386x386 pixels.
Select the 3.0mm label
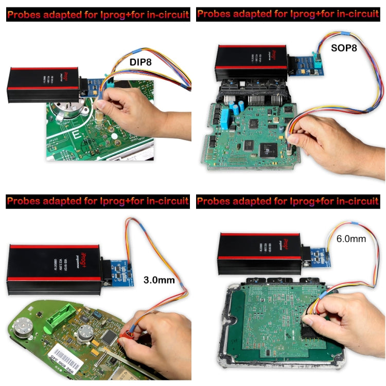point(159,280)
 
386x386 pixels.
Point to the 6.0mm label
point(352,239)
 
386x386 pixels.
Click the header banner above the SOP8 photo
point(291,14)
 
